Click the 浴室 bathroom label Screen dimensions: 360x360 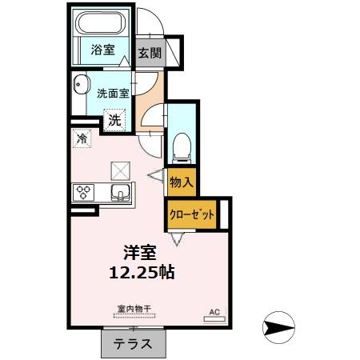(x=102, y=50)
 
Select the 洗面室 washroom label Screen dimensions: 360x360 (x=113, y=93)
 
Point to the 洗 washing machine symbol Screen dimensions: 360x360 (x=116, y=121)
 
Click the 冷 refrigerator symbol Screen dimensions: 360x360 (x=82, y=139)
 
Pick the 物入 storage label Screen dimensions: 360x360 (x=182, y=182)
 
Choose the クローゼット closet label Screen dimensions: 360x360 (x=192, y=214)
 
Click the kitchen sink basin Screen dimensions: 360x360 (x=121, y=193)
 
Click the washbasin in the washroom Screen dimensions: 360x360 (x=79, y=90)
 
